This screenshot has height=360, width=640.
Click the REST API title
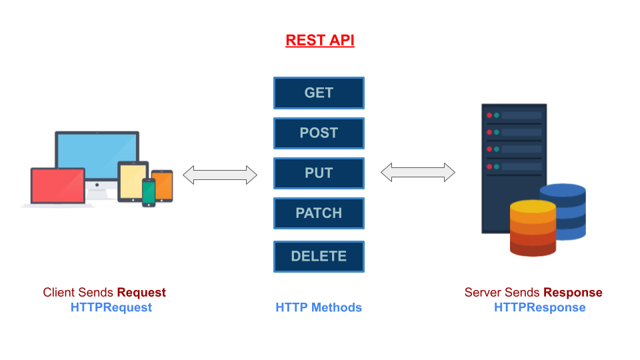(319, 40)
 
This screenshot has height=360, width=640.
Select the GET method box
(319, 93)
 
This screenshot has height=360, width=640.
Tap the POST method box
(319, 133)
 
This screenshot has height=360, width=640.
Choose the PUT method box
(319, 173)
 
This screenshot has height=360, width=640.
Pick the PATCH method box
(319, 213)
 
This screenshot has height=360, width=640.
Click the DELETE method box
(319, 256)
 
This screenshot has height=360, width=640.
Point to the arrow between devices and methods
(220, 175)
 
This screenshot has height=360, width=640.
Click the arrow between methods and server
(418, 173)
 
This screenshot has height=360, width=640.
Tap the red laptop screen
(57, 185)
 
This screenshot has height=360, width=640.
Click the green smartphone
(149, 192)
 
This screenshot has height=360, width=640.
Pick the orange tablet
(162, 185)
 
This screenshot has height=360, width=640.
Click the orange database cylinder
(533, 228)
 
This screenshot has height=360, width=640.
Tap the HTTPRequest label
(111, 307)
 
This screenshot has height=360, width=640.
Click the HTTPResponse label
(539, 307)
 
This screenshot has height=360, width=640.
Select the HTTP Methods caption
(319, 307)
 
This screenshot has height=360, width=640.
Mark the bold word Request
(141, 292)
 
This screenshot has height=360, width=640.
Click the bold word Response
(573, 292)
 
